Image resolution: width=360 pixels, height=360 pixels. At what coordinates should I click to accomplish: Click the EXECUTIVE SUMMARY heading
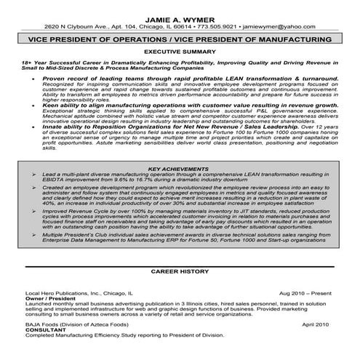(x=180, y=52)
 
